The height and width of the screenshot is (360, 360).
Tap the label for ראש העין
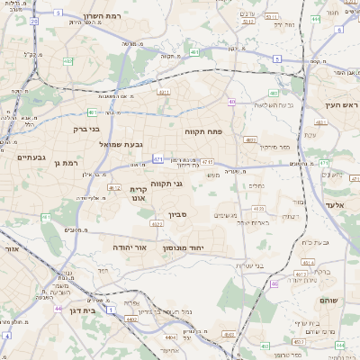click(x=340, y=105)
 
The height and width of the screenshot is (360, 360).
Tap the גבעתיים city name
click(x=31, y=157)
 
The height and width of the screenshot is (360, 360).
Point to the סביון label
click(x=176, y=216)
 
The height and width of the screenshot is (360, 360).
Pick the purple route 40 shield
click(x=231, y=103)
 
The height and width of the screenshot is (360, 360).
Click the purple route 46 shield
click(x=273, y=283)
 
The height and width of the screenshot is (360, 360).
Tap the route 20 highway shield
click(x=34, y=20)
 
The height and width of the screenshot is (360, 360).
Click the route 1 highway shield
click(x=110, y=309)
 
